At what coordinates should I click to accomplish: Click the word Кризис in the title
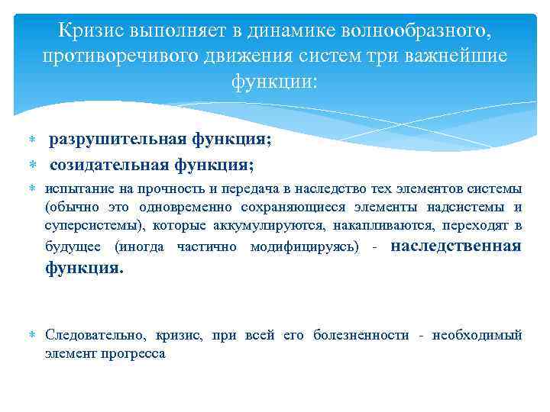pyautogui.click(x=92, y=33)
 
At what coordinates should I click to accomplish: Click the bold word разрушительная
pyautogui.click(x=107, y=140)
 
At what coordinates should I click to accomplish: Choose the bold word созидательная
pyautogui.click(x=105, y=165)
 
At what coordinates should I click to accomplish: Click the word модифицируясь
pyautogui.click(x=304, y=246)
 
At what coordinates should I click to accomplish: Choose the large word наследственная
pyautogui.click(x=456, y=246)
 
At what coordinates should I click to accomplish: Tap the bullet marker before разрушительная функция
pyautogui.click(x=33, y=141)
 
